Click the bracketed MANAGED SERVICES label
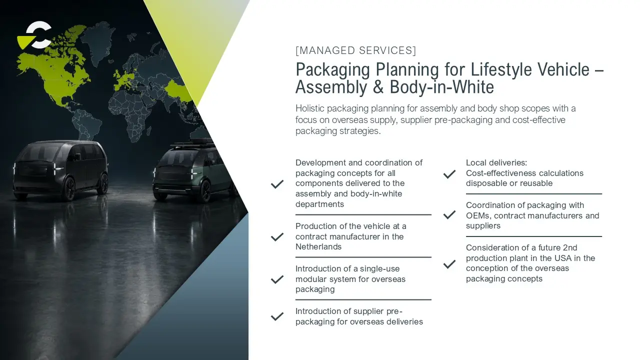(355, 50)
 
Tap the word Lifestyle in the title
(501, 69)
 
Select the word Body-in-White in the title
(441, 87)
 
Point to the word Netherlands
(318, 247)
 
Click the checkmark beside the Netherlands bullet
(277, 237)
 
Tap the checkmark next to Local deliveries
(449, 174)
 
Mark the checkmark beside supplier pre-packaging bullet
(277, 316)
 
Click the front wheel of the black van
(69, 188)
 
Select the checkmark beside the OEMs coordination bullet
(449, 214)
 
